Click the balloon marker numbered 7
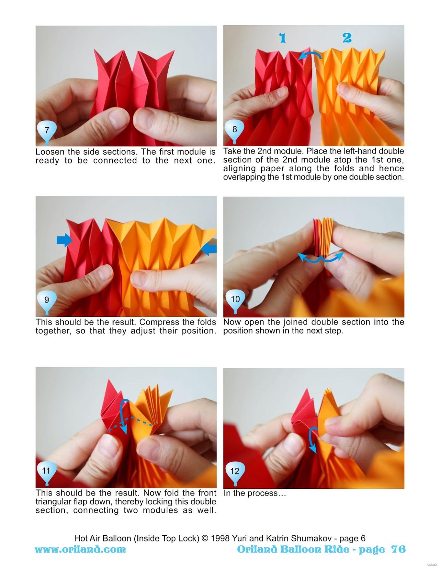click(x=47, y=131)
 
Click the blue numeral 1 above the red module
click(x=282, y=38)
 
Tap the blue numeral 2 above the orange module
click(x=347, y=38)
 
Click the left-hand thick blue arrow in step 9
click(x=64, y=241)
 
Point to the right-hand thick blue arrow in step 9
click(x=209, y=249)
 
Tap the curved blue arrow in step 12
click(x=312, y=439)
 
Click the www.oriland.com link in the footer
click(x=80, y=549)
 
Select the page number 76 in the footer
click(x=398, y=549)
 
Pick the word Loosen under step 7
click(x=50, y=152)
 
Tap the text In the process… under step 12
click(x=255, y=493)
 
